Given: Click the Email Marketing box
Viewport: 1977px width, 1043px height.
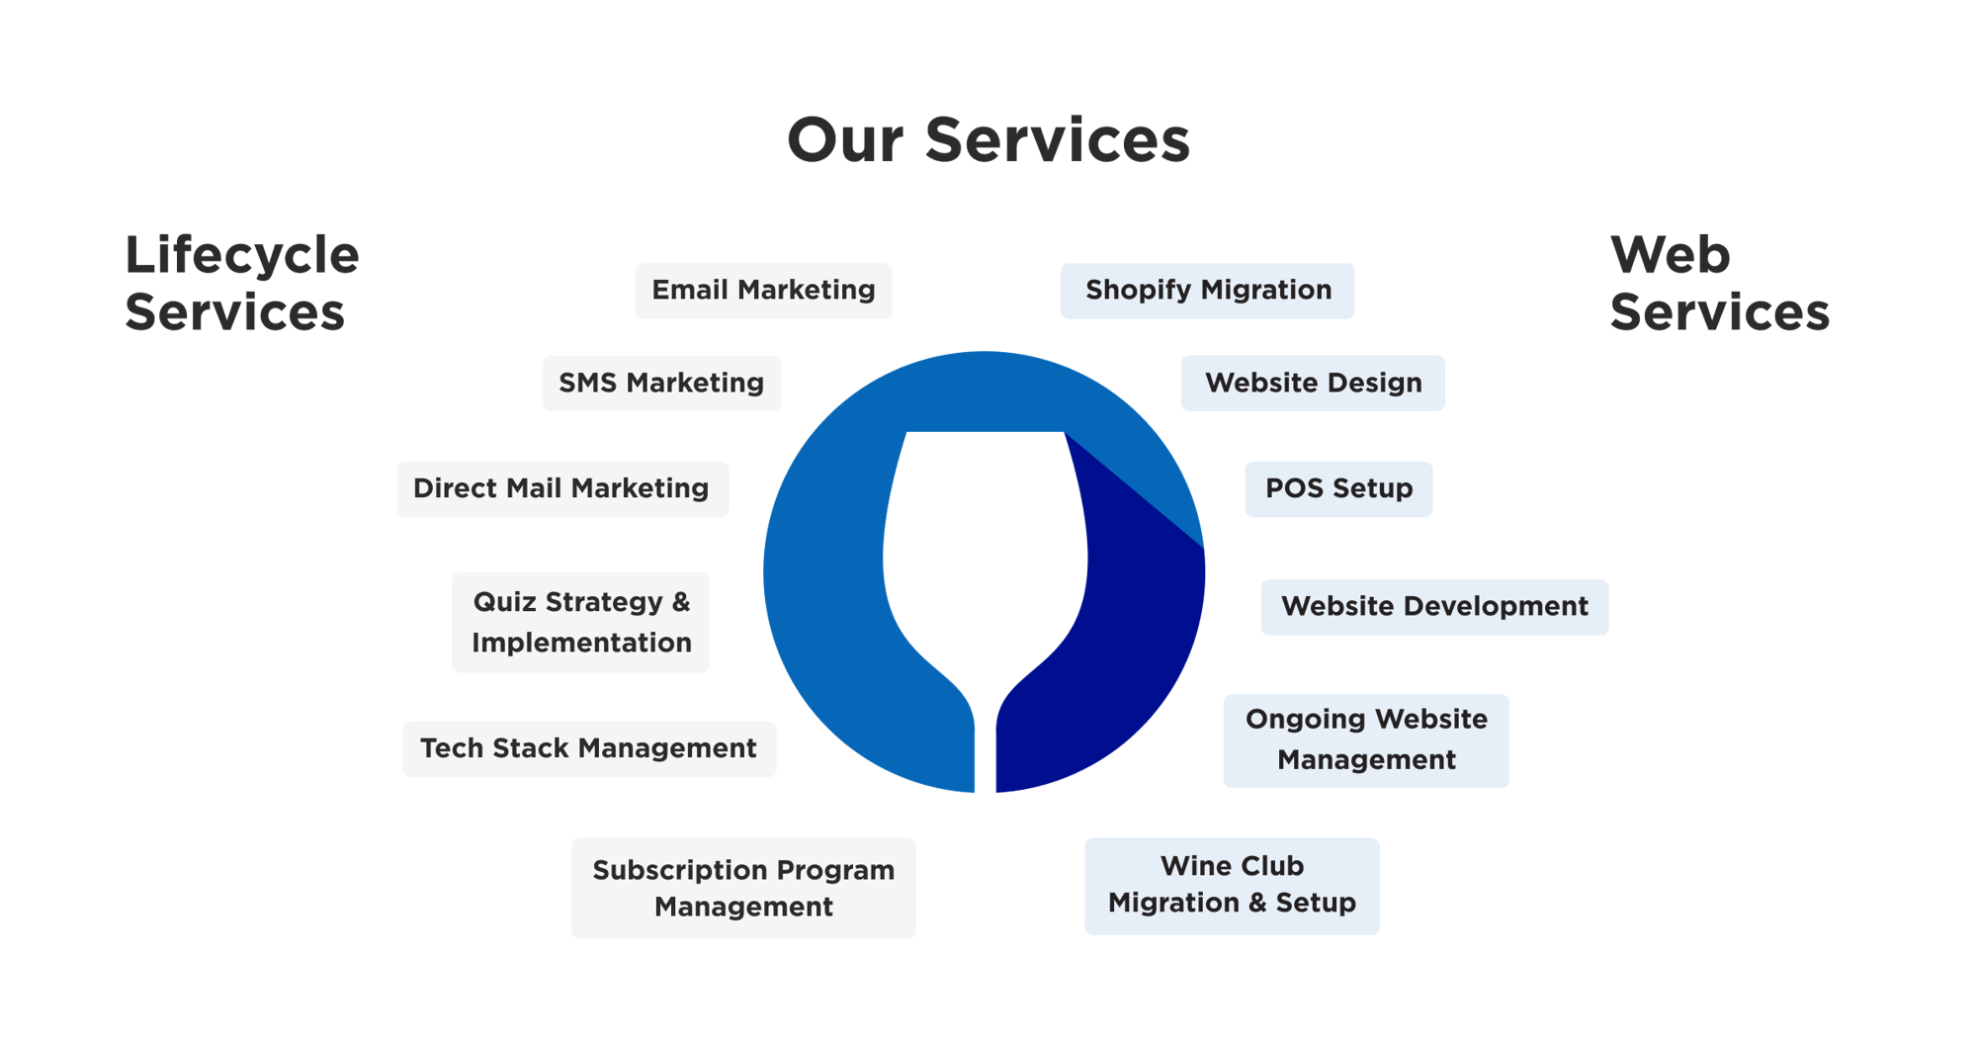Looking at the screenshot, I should (x=763, y=291).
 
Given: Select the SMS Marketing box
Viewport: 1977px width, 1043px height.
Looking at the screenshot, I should (x=661, y=383).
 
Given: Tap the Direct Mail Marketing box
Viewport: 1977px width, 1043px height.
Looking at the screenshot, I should (x=562, y=488).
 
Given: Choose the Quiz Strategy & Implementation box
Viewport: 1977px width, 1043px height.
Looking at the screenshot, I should (x=580, y=622).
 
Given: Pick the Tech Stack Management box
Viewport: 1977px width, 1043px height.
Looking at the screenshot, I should (x=589, y=748).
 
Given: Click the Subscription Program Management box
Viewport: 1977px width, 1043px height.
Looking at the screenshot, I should (x=743, y=888).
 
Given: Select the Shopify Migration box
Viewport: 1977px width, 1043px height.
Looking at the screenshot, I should (x=1207, y=291).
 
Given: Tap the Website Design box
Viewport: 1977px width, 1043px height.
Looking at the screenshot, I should (x=1313, y=383).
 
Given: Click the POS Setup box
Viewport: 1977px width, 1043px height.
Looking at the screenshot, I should (x=1338, y=488).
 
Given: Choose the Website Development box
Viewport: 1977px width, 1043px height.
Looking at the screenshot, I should (x=1434, y=607).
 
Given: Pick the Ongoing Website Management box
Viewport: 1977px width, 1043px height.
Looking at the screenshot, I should (x=1366, y=740).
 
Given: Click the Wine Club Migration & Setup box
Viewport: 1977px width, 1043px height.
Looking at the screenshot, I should (x=1232, y=886).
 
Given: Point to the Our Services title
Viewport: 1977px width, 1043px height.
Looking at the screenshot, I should (x=988, y=140).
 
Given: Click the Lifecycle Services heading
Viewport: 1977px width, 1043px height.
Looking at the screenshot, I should (x=241, y=284).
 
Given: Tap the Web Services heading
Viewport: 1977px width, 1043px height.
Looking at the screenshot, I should (x=1719, y=284).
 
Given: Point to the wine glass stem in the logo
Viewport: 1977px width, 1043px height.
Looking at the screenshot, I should (x=986, y=751).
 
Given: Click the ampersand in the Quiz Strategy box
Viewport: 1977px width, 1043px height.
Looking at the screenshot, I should (x=681, y=602).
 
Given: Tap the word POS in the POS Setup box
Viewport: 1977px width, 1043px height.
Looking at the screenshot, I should (x=1294, y=488).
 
